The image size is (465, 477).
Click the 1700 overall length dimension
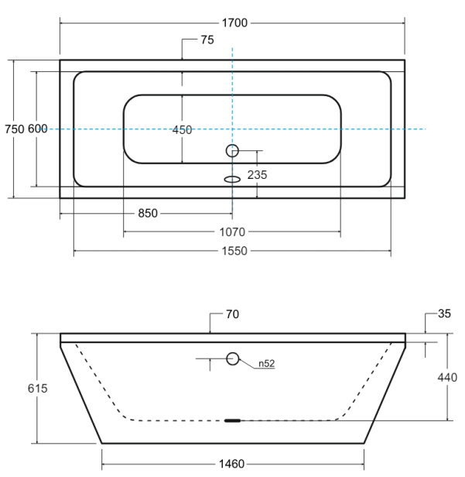click(234, 23)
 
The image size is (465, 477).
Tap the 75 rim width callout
click(207, 39)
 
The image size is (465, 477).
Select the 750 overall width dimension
click(14, 129)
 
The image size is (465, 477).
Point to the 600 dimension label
click(38, 129)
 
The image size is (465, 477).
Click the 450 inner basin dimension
click(182, 130)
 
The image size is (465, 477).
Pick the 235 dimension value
click(257, 175)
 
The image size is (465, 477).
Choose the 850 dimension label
click(148, 213)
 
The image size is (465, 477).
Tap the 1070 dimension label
click(232, 232)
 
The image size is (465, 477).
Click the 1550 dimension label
click(234, 251)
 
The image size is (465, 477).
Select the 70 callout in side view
click(232, 314)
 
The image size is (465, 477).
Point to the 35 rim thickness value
click(444, 314)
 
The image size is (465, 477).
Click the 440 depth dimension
click(447, 378)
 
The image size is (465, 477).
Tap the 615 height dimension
click(37, 389)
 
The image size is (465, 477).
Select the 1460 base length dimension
click(231, 464)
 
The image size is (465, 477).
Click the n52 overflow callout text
click(266, 363)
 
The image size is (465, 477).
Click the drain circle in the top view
click(232, 145)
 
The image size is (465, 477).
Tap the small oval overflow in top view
click(232, 179)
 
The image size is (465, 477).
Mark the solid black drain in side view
click(232, 420)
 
